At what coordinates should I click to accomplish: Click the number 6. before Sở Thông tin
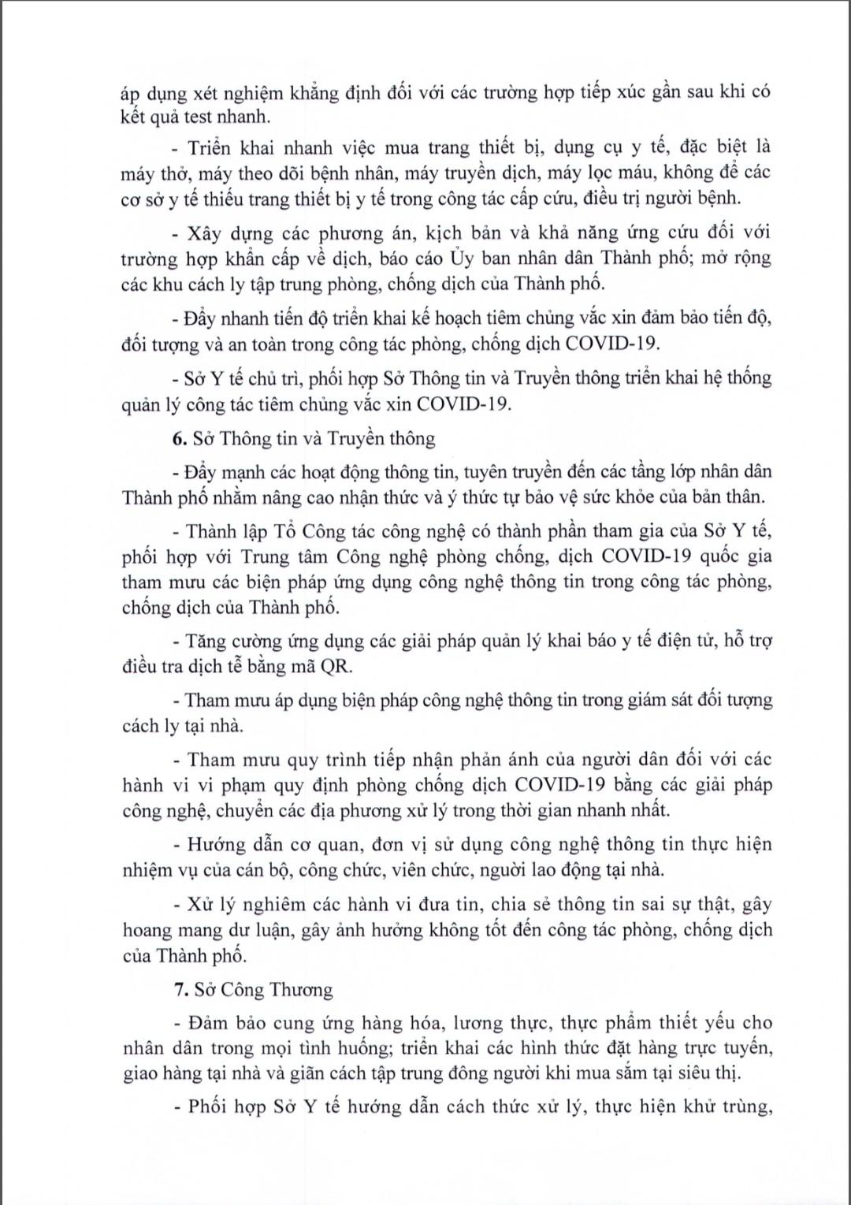coord(179,439)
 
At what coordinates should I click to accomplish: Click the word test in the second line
coord(199,117)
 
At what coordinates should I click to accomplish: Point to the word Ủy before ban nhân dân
coord(461,258)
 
